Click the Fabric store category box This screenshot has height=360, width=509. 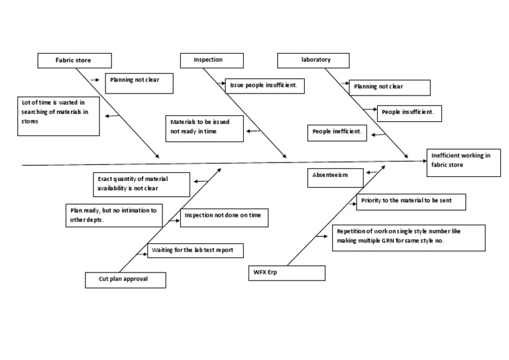pyautogui.click(x=74, y=60)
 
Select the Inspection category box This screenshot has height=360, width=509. pyautogui.click(x=208, y=60)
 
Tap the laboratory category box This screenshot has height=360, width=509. pyautogui.click(x=316, y=60)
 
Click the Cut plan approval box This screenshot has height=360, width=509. pyautogui.click(x=126, y=280)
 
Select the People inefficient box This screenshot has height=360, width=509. pyautogui.click(x=337, y=132)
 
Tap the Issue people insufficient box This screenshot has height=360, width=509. pyautogui.click(x=265, y=86)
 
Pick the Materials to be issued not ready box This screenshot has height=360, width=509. pyautogui.click(x=205, y=127)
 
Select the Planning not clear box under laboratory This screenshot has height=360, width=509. pyautogui.click(x=390, y=87)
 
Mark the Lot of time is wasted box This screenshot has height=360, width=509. pyautogui.click(x=59, y=115)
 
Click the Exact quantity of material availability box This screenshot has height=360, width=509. pyautogui.click(x=142, y=184)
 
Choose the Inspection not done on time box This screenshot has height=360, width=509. pyautogui.click(x=224, y=217)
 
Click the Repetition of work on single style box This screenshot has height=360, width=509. pyautogui.click(x=409, y=237)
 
